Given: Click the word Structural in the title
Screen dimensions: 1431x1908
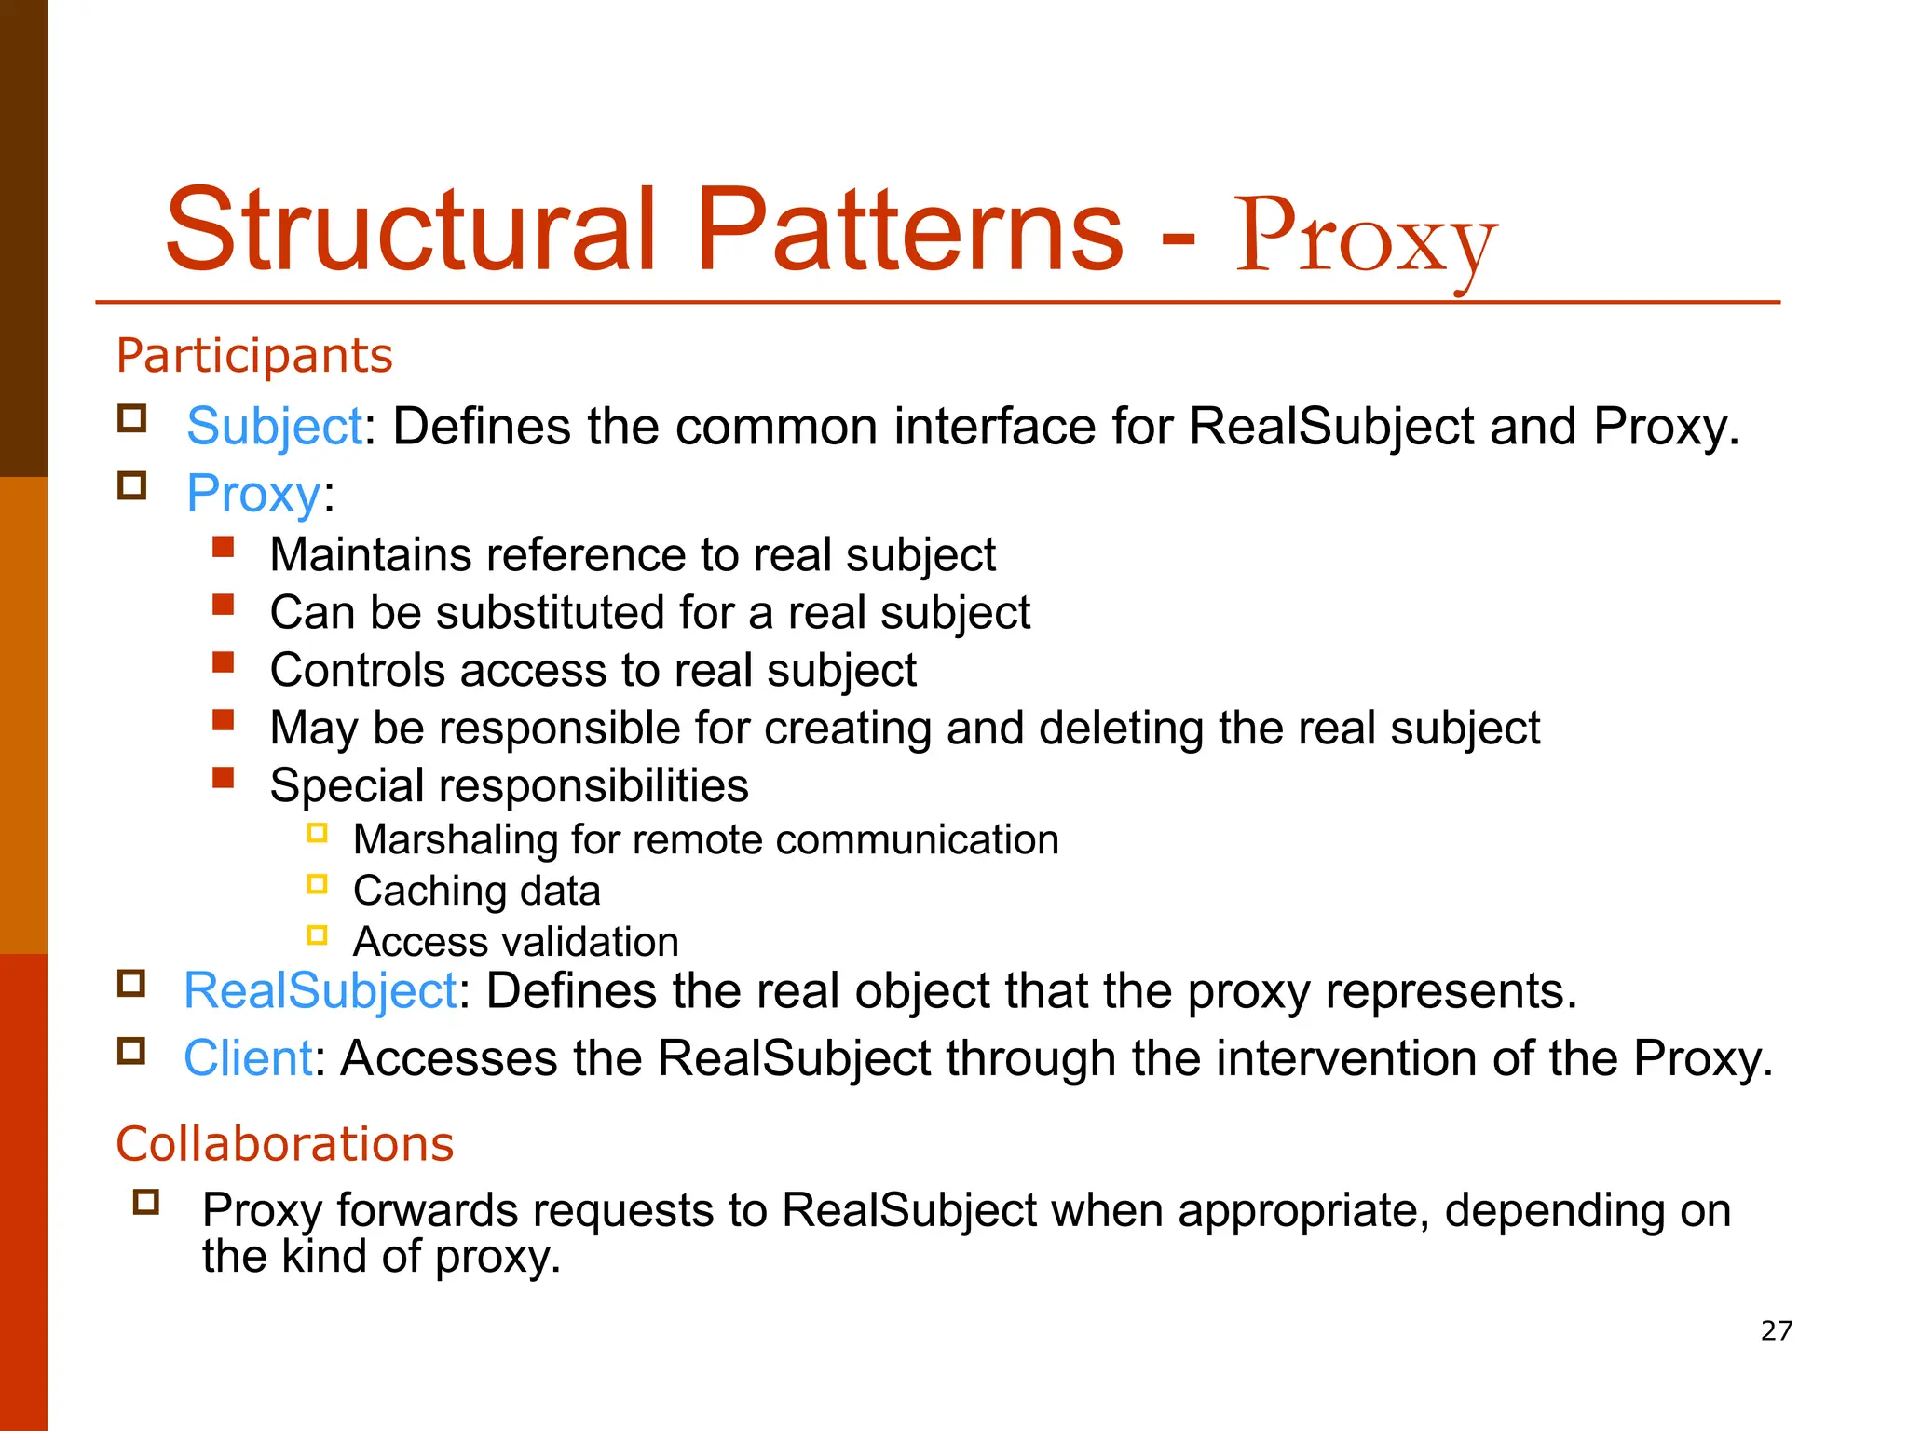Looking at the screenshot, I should coord(410,230).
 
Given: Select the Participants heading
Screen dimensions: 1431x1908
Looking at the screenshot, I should coord(254,356).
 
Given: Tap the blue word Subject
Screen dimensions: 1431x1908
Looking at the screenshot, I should coord(274,428).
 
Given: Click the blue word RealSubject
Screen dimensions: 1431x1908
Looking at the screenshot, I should coord(320,990).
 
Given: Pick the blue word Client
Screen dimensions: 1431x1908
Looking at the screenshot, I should coord(248,1058).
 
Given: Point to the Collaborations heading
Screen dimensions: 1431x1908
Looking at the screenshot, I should coord(284,1144).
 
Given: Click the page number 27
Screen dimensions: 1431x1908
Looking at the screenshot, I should coord(1776,1330).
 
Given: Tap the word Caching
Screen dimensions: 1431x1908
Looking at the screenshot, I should coord(429,892).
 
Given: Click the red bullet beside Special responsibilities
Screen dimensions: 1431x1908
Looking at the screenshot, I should coord(223,778).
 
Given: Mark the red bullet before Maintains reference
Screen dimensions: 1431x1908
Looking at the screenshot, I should coord(223,547).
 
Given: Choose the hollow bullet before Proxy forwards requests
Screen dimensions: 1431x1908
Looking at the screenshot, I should coord(146,1201).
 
